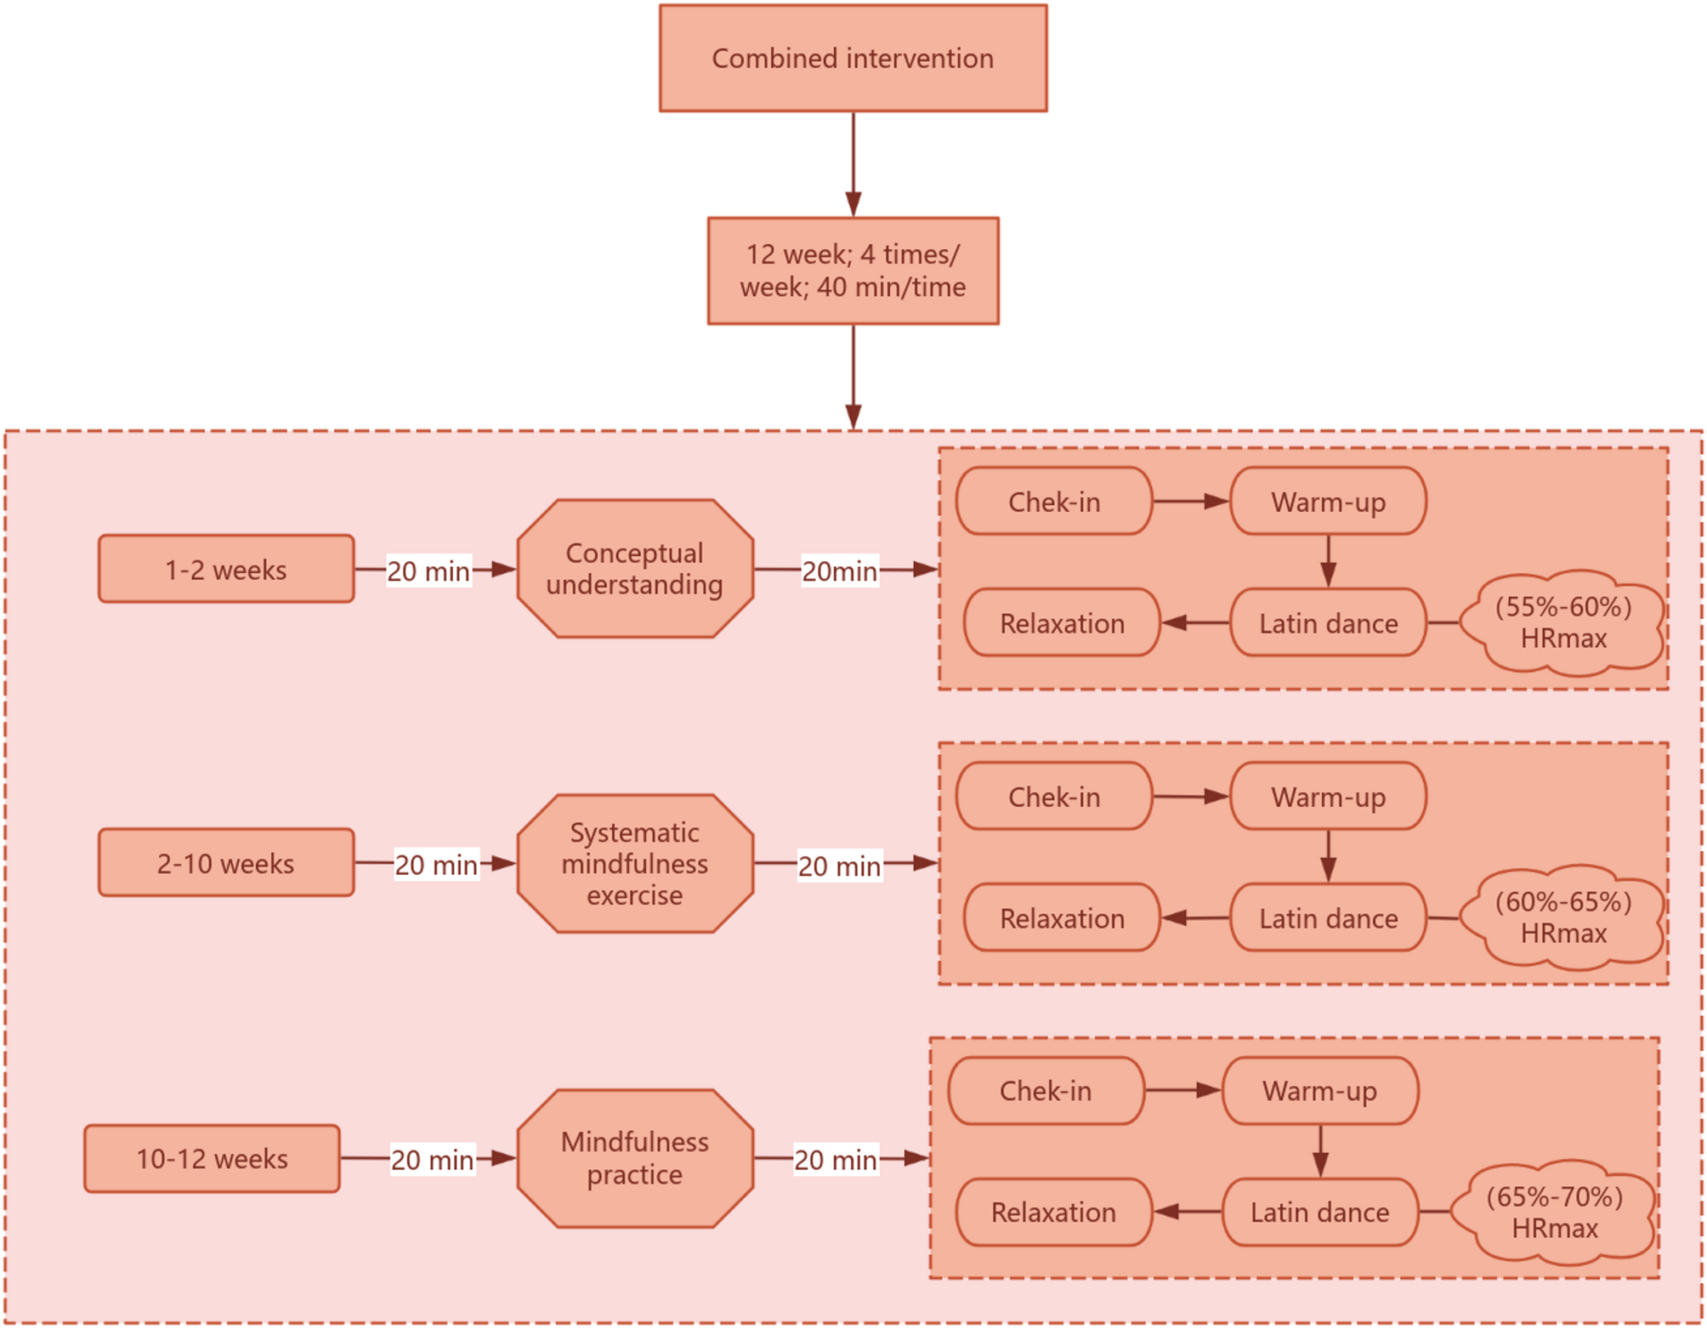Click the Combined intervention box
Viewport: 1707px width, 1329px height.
(853, 58)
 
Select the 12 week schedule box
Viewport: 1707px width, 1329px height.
(853, 270)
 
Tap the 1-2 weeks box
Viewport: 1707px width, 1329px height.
(226, 569)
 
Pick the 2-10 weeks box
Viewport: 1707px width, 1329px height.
(226, 863)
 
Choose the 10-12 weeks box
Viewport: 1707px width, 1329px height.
(213, 1158)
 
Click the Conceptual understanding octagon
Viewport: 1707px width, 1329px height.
(635, 568)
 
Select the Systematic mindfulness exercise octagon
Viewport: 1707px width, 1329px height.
(635, 863)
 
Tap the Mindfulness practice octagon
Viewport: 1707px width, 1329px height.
(635, 1157)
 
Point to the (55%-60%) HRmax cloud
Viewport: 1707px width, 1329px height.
(1562, 622)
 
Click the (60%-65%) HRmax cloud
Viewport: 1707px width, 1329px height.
(1562, 917)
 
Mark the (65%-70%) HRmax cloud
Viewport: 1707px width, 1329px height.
(1554, 1212)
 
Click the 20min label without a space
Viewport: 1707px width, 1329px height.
(839, 571)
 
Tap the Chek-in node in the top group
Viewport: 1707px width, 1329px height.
(1054, 502)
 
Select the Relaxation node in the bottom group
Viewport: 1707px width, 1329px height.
(1053, 1212)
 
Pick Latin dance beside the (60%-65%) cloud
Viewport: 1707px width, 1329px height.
(1328, 917)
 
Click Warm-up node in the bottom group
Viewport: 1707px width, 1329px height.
(1319, 1091)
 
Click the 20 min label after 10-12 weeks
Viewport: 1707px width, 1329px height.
(432, 1159)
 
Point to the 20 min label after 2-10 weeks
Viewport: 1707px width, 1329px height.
(436, 865)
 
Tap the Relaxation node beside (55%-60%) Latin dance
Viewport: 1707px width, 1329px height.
(1062, 622)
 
